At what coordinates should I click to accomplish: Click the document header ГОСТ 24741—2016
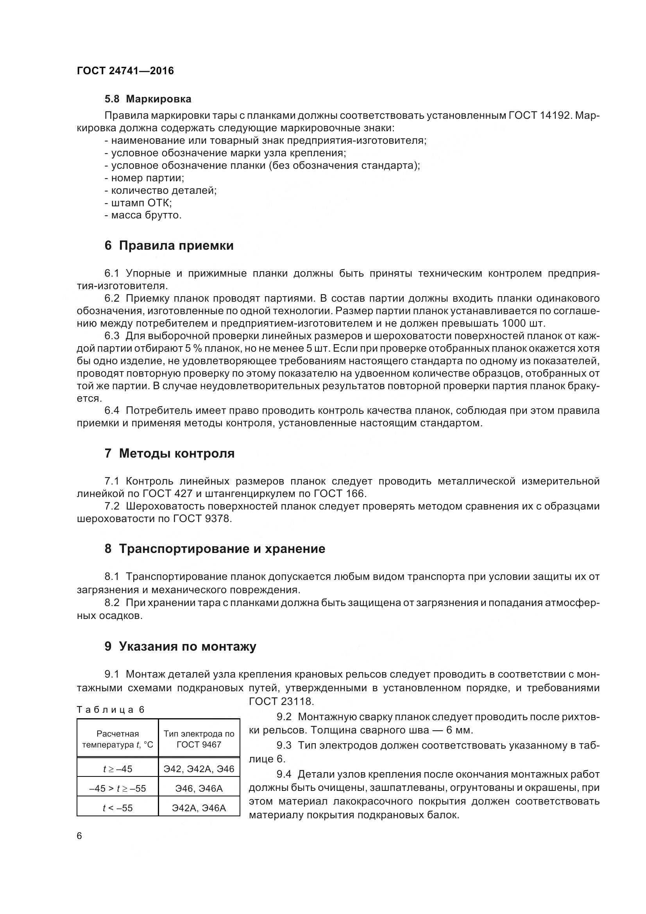[x=125, y=71]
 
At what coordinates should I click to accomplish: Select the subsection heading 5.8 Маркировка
[x=148, y=99]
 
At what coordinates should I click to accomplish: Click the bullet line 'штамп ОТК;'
[x=138, y=203]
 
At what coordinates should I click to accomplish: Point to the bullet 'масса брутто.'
[x=143, y=215]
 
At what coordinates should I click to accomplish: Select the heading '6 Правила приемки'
[x=169, y=245]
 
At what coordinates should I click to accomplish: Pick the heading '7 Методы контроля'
[x=170, y=453]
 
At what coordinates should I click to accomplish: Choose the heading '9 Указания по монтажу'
[x=180, y=646]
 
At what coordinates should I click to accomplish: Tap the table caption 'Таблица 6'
[x=111, y=709]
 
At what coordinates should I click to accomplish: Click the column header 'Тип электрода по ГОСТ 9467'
[x=199, y=739]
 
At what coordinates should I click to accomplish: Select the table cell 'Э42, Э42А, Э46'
[x=199, y=769]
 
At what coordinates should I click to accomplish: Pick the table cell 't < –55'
[x=117, y=808]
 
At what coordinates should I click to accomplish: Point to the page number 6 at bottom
[x=79, y=835]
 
